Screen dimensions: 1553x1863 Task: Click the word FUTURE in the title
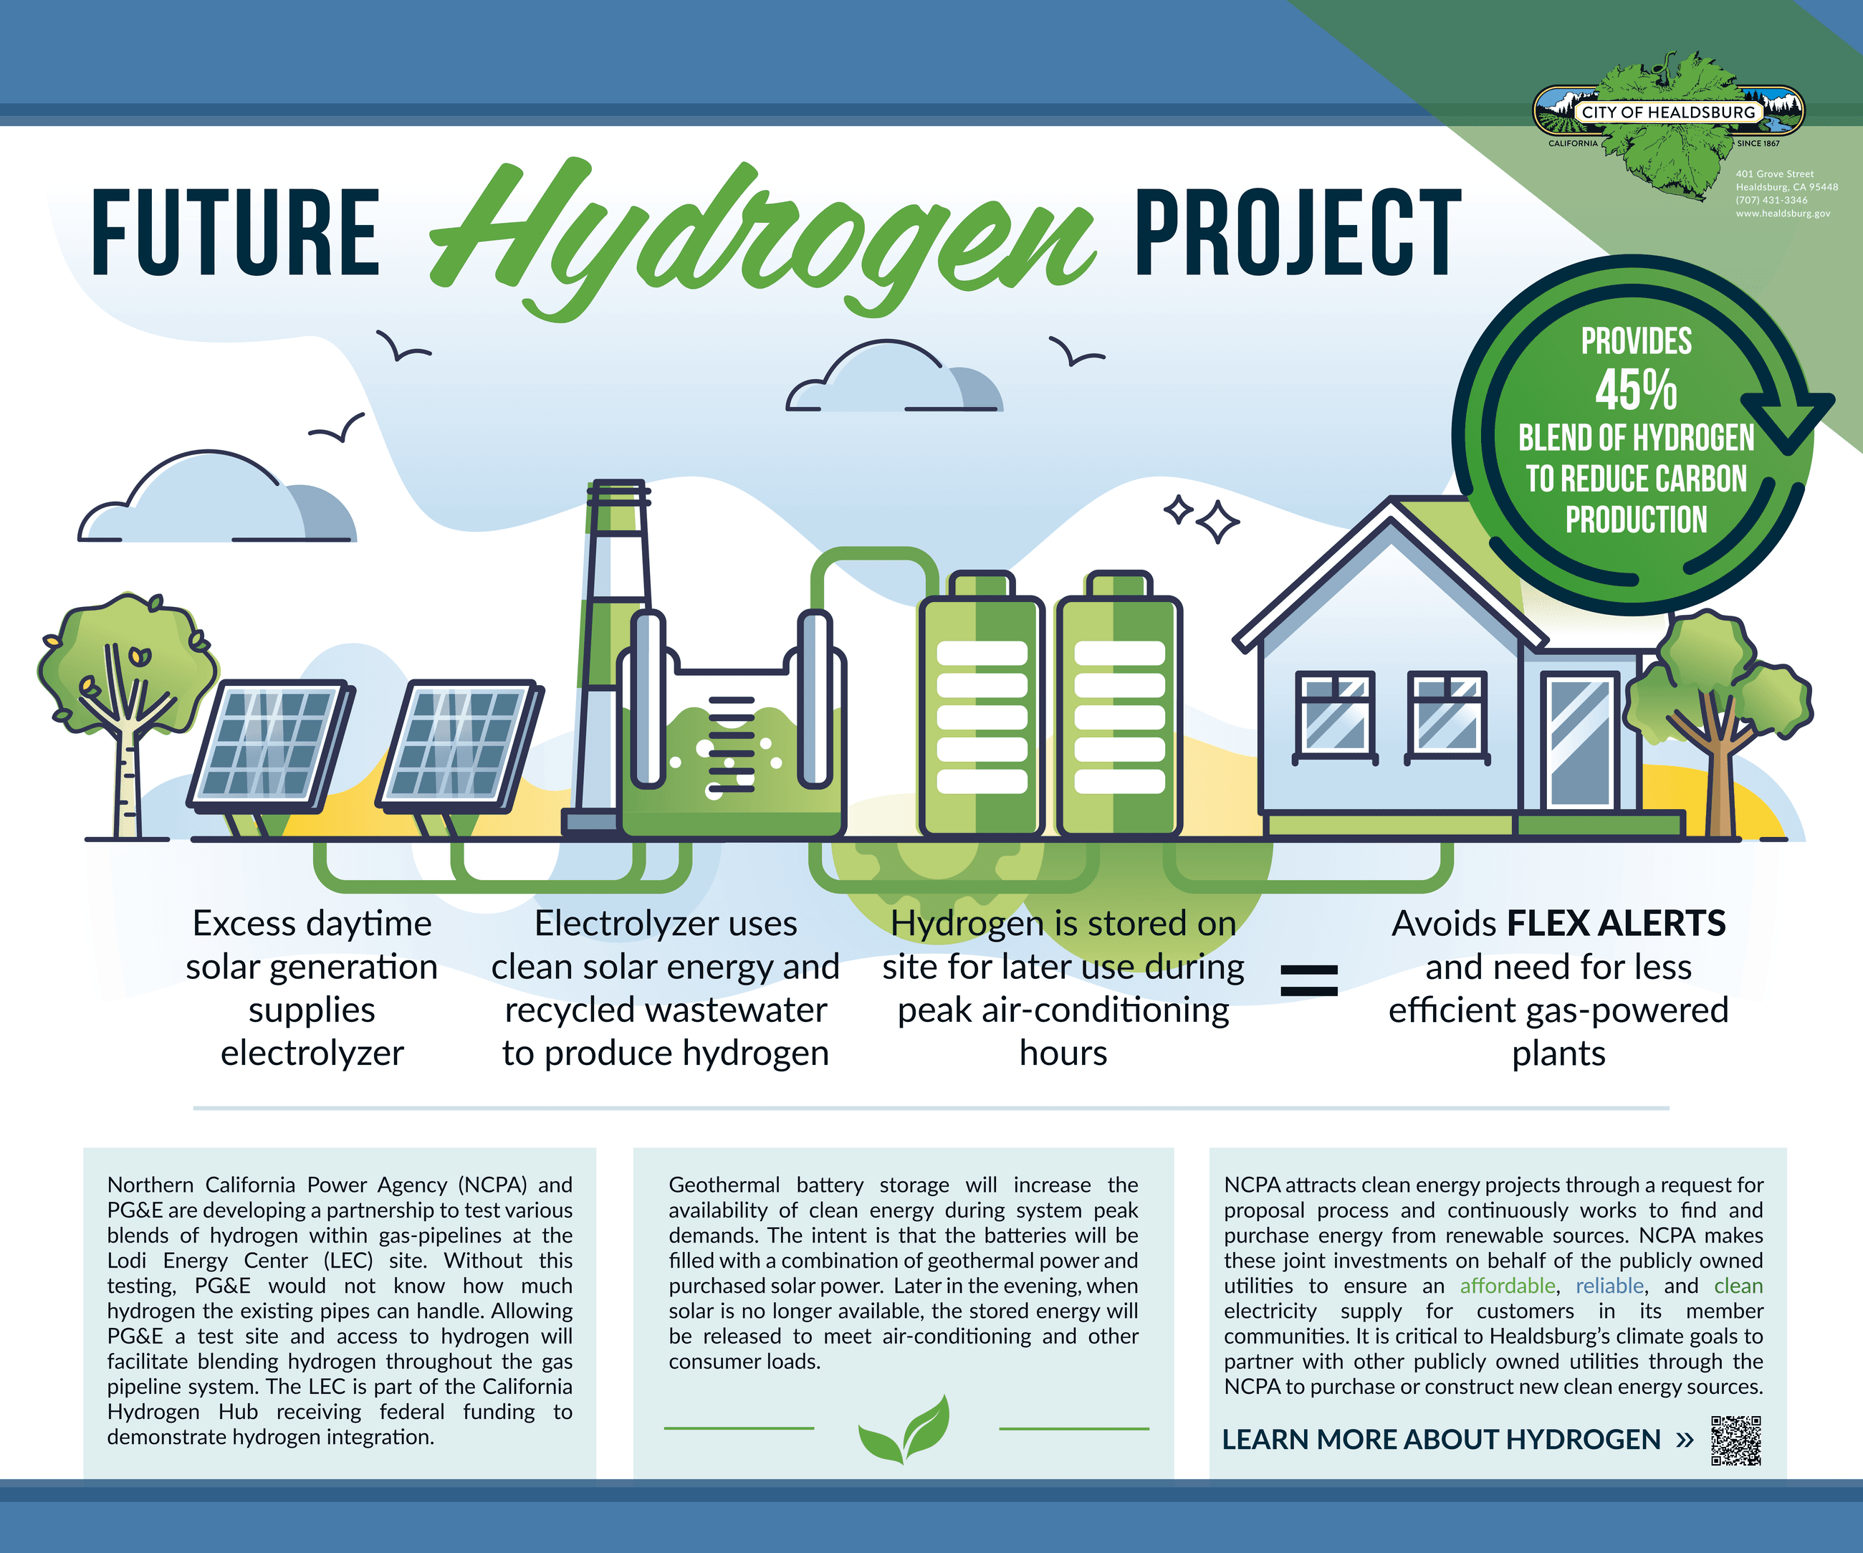(x=235, y=232)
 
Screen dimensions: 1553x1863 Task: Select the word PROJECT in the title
(x=1297, y=232)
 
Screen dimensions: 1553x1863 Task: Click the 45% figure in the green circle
(x=1636, y=390)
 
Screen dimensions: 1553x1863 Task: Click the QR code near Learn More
(x=1735, y=1440)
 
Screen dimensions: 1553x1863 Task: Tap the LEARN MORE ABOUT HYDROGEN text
(x=1441, y=1439)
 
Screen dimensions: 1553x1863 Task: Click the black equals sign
(x=1308, y=980)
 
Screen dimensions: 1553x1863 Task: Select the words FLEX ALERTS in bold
(x=1616, y=924)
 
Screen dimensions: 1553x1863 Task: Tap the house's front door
(x=1580, y=741)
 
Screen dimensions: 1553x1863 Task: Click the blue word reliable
(x=1609, y=1286)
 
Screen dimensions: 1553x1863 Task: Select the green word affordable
(x=1508, y=1286)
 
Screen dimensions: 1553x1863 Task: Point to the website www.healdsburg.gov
(x=1782, y=213)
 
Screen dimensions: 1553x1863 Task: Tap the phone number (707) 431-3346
(x=1771, y=200)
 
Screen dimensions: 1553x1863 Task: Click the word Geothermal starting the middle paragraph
(x=724, y=1185)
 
